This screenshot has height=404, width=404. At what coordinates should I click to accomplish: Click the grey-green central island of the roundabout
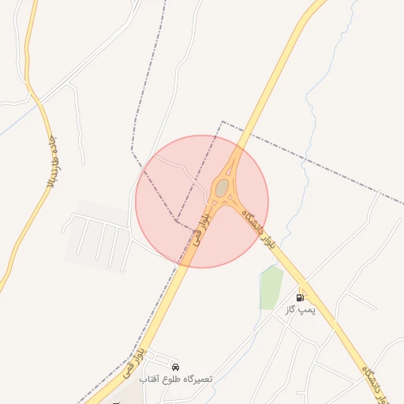point(222,187)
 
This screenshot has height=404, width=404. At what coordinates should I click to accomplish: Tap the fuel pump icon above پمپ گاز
point(300,297)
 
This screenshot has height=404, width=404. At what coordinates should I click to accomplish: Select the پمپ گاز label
point(300,309)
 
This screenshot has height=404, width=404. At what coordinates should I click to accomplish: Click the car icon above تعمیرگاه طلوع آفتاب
point(175,368)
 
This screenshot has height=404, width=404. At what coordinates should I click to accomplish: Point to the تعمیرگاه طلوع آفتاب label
point(176,380)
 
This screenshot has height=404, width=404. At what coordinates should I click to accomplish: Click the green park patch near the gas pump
point(271,288)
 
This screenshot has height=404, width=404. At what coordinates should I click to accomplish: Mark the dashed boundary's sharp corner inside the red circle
point(176,220)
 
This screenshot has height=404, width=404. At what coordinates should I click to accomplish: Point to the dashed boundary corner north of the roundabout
point(223,122)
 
